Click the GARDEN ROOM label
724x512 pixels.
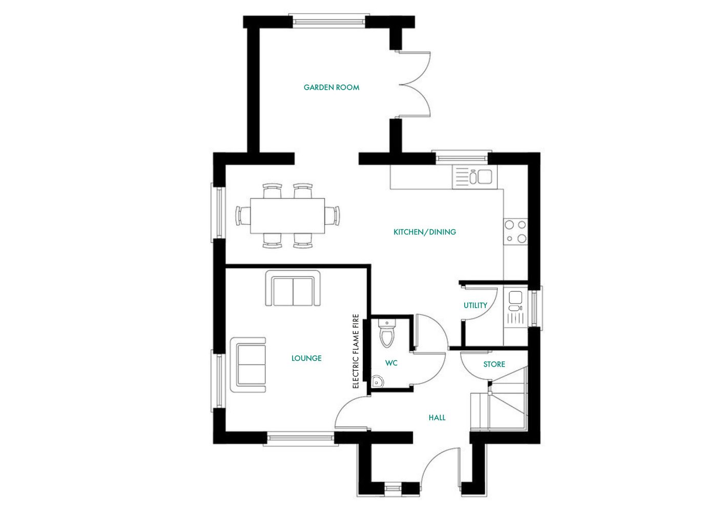pos(331,88)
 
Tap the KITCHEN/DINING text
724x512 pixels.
pos(424,232)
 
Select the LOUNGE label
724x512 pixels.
pos(306,358)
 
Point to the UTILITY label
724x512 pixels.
pos(475,305)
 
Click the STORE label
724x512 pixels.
pos(494,364)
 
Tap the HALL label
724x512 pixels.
pos(437,418)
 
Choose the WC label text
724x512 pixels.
pos(391,363)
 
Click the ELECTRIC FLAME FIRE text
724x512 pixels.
pos(356,351)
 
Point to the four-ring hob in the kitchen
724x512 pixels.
pos(515,231)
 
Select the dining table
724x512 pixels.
pos(287,216)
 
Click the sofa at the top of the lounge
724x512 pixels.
pos(293,289)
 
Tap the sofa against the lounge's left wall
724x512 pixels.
pos(249,365)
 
